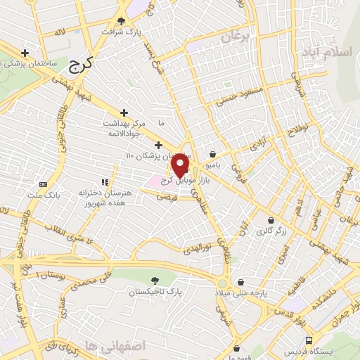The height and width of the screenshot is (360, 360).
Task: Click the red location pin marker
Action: tap(181, 165)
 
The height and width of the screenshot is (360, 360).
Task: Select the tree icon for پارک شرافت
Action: tap(124, 21)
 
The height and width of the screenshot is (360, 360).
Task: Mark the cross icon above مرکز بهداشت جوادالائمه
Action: tap(124, 112)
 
